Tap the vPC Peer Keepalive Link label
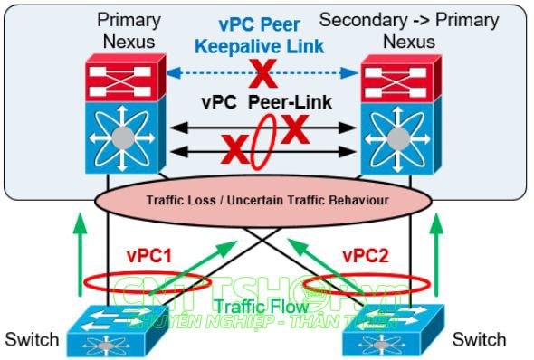coord(264,34)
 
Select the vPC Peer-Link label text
coord(264,106)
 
